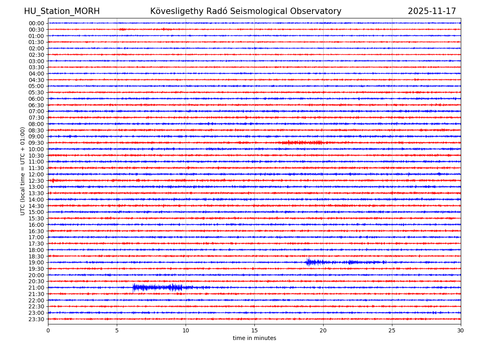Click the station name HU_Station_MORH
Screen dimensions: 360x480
tap(62, 11)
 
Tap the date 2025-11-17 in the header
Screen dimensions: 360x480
tap(432, 11)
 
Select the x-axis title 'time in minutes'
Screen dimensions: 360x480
tap(254, 338)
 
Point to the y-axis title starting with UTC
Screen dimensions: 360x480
tap(23, 171)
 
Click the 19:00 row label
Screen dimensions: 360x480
tap(36, 262)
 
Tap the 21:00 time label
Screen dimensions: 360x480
tap(36, 288)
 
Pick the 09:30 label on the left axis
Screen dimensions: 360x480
tap(36, 143)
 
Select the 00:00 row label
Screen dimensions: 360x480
tap(36, 23)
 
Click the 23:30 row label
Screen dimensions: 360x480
tap(36, 319)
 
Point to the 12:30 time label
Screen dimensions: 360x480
tap(36, 181)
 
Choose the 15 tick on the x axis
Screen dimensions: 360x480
tap(254, 330)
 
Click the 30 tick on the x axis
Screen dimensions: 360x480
tap(461, 330)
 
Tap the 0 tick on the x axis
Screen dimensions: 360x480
tap(48, 330)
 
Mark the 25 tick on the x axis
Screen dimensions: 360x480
tap(392, 330)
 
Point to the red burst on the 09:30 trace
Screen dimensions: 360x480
tap(302, 143)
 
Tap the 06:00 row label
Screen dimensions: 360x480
tap(36, 99)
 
